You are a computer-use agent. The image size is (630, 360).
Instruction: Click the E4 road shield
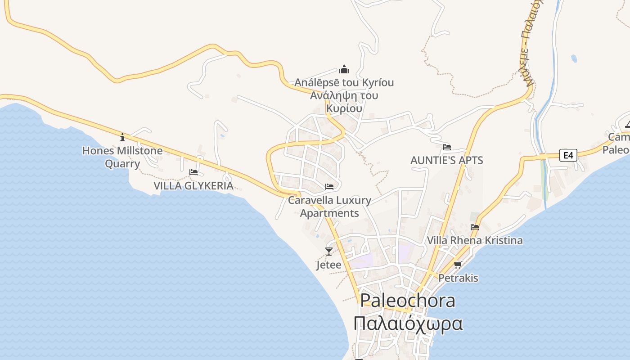coord(568,155)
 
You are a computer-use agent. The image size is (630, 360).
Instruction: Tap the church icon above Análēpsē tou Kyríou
coord(344,69)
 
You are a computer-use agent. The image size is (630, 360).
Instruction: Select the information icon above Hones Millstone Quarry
coord(122,137)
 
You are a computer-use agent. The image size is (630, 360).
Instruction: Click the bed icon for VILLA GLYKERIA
coord(193,172)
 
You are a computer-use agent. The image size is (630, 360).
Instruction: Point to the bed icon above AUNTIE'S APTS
coord(446,147)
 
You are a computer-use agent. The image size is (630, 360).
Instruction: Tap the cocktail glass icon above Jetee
coord(329,251)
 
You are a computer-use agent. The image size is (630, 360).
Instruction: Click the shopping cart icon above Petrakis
coord(458,265)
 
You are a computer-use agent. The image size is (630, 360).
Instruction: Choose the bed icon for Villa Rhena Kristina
coord(475,227)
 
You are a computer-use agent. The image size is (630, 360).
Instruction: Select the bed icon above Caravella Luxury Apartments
coord(329,186)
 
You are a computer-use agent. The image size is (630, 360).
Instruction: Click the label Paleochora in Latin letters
coord(408,301)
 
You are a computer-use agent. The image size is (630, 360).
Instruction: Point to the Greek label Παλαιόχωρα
coord(408,324)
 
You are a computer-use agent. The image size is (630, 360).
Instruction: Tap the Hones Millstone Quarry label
coord(122,157)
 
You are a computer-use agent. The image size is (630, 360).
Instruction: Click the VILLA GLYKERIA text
coord(193,185)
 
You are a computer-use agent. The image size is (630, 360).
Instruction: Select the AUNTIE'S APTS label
coord(446,160)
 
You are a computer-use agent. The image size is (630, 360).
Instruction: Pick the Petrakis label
coord(458,278)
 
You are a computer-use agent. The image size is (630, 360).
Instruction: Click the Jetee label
coord(328,265)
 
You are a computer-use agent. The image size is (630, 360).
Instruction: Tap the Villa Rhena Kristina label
coord(475,240)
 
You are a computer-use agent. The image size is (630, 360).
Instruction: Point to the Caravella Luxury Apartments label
coord(329,207)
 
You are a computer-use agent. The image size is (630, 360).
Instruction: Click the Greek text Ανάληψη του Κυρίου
coord(344,102)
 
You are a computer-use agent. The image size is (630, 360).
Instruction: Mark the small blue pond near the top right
coord(574,58)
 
